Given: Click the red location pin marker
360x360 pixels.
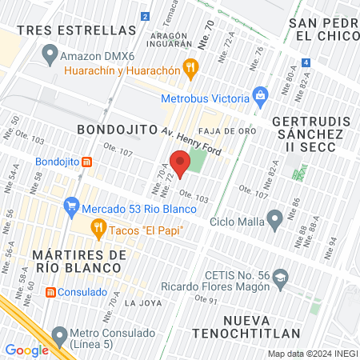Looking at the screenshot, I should tap(180, 164).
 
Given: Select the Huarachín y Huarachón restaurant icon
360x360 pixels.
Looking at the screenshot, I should tap(190, 68).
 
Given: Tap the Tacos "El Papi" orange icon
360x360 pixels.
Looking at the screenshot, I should tap(98, 230).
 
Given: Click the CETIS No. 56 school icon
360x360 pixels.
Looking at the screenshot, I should tap(280, 278).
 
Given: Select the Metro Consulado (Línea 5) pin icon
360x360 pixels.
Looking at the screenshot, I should tap(59, 333).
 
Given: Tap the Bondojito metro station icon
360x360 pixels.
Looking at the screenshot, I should tap(87, 161).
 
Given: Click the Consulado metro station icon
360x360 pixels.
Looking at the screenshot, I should tap(50, 292).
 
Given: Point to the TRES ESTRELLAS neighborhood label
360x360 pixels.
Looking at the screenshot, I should tap(76, 30).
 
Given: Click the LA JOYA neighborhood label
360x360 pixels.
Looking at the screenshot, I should tap(142, 302).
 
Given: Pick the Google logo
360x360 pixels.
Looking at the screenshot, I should tap(27, 350).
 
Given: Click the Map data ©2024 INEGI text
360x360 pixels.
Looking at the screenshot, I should tap(312, 354).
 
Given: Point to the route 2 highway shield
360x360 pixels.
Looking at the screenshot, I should tap(144, 16).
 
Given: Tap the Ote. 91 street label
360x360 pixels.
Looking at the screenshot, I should tap(206, 300).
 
